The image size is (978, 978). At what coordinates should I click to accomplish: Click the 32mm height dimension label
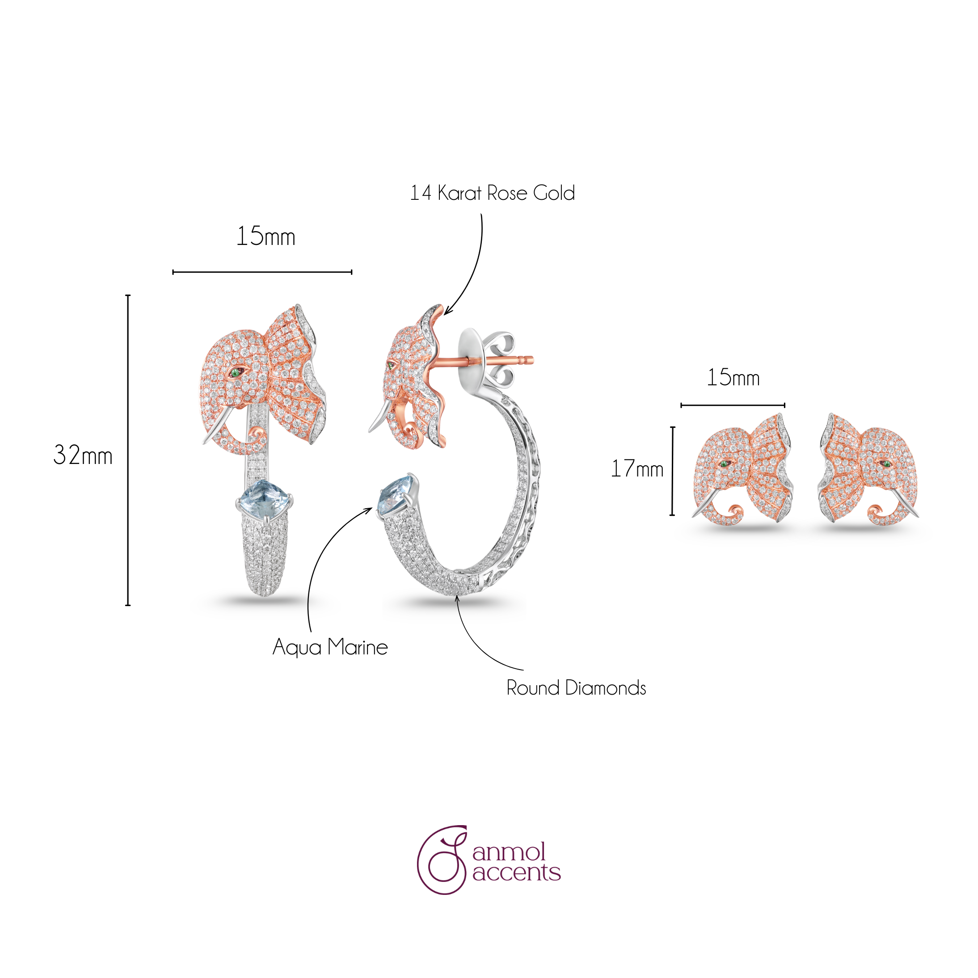[83, 455]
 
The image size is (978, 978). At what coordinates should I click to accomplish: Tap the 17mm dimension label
[637, 469]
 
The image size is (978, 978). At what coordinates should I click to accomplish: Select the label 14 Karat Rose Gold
[492, 193]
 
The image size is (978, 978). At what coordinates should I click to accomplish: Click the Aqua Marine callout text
[330, 647]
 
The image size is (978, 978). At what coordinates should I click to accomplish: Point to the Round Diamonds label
[576, 688]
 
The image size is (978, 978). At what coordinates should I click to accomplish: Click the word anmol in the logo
[509, 852]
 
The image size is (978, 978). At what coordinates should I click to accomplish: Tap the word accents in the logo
[516, 873]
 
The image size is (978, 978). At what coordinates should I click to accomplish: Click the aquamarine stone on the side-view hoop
[397, 496]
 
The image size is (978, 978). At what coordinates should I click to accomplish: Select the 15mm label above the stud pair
[733, 378]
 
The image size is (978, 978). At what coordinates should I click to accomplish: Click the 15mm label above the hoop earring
[266, 236]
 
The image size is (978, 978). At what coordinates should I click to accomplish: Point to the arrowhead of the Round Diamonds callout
[457, 599]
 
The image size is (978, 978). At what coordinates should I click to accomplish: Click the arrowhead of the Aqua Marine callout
[368, 510]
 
